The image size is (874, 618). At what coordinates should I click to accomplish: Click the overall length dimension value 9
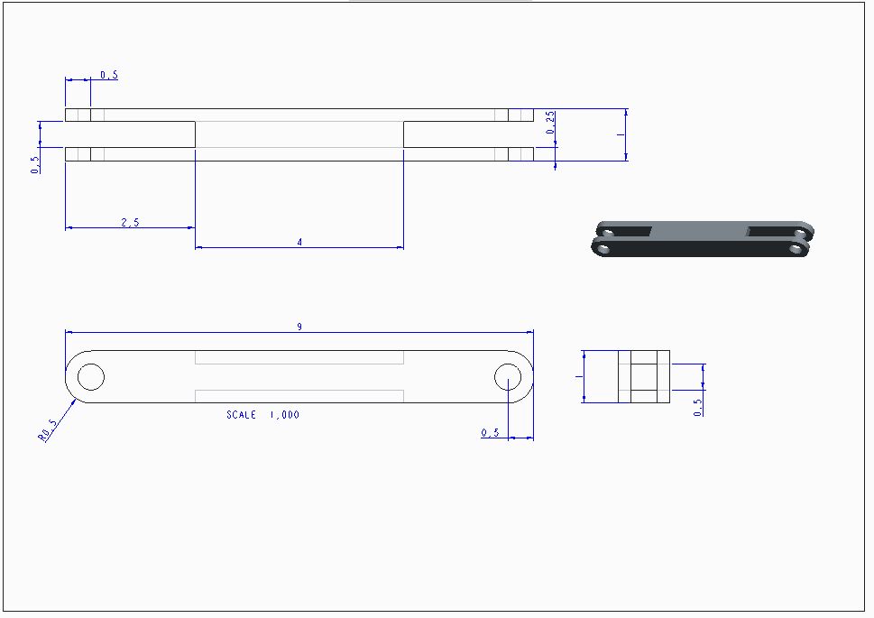(x=299, y=327)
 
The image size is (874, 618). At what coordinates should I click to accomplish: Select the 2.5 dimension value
(x=130, y=223)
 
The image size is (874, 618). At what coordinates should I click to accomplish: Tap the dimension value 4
(x=299, y=242)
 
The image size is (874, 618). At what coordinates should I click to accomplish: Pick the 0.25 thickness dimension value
(x=551, y=123)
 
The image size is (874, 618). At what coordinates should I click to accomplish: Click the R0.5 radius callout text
(x=48, y=430)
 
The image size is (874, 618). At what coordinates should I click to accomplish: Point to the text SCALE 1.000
(x=262, y=414)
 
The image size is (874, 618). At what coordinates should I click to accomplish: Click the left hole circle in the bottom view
(x=91, y=377)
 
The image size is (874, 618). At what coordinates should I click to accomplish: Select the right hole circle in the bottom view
(x=508, y=377)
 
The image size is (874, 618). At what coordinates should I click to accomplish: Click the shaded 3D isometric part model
(x=703, y=239)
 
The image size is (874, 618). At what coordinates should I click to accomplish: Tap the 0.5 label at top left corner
(x=109, y=75)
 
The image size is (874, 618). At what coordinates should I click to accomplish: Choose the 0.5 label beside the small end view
(x=698, y=407)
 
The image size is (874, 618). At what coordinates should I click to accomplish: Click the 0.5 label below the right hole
(x=490, y=433)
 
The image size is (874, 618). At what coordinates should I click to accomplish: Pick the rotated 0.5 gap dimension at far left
(x=35, y=164)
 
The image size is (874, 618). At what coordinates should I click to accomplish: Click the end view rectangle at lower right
(x=644, y=376)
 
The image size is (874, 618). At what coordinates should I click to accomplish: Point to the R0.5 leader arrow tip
(x=76, y=399)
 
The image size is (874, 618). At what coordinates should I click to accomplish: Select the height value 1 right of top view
(x=621, y=134)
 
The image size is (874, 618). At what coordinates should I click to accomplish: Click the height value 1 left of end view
(x=578, y=376)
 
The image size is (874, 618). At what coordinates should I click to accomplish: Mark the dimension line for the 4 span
(x=299, y=247)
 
